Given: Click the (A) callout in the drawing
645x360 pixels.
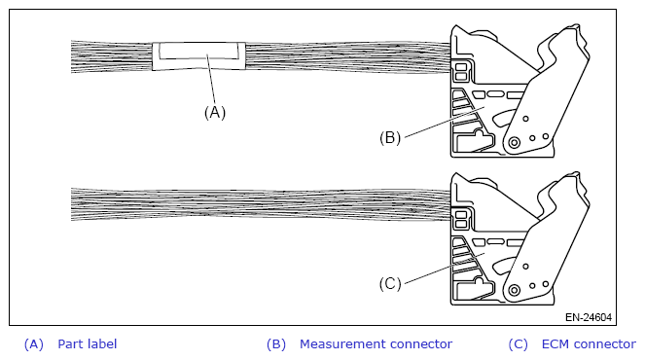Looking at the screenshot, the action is (215, 112).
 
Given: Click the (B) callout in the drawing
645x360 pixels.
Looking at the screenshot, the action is (390, 137).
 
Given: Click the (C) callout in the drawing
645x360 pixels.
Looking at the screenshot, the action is (390, 284).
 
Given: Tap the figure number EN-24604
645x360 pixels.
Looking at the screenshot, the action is (589, 317).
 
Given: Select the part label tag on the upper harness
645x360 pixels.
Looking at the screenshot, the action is (198, 56).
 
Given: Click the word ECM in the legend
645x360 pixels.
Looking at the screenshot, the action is (555, 344).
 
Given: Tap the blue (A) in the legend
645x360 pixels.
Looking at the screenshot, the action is (34, 344).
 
